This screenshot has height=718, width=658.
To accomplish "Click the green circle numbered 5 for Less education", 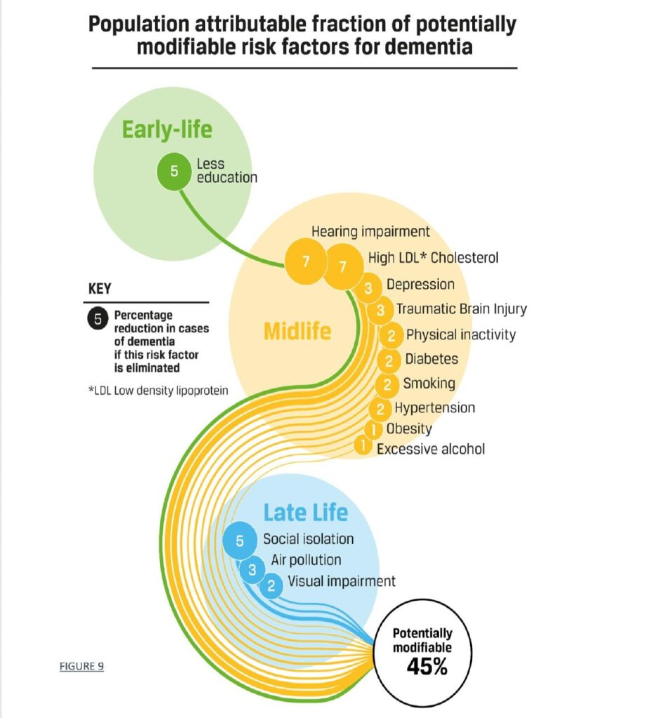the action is (174, 171).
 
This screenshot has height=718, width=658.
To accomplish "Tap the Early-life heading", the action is (167, 129).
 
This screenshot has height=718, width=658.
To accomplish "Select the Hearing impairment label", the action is (370, 231).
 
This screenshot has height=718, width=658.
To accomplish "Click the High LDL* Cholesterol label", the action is (433, 258).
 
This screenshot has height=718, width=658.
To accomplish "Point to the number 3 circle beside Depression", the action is (368, 288).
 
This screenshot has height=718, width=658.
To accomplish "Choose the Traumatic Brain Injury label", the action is (462, 309).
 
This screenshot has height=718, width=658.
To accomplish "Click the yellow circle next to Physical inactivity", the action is (391, 337).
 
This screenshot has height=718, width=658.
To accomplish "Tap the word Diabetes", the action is (431, 358).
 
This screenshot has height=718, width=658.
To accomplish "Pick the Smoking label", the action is (429, 384).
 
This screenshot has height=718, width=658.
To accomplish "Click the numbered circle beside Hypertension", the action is (380, 409).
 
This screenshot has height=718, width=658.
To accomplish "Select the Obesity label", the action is (409, 428).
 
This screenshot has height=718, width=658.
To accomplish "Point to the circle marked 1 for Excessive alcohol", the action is (363, 445).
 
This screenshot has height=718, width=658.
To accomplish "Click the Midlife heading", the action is (297, 331).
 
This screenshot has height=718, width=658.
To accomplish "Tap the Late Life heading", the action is (306, 513).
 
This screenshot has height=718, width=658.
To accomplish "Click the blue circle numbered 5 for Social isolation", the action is (240, 541).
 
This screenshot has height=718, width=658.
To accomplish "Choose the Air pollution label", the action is (306, 560).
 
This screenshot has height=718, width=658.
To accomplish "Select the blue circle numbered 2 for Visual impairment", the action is (271, 585).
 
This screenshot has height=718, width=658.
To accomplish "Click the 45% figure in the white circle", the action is (427, 667).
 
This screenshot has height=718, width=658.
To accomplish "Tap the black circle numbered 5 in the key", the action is (98, 319).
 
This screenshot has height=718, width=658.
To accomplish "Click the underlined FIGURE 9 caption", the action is (81, 666).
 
